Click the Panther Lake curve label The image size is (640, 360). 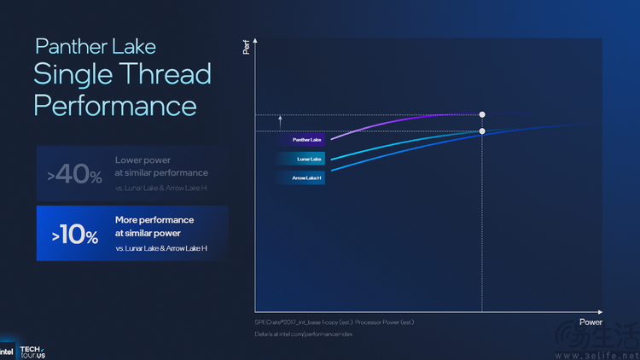pos(301,139)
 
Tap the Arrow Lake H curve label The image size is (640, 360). pos(299,177)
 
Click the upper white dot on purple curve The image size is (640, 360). pos(483,114)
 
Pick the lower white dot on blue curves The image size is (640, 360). pos(483,131)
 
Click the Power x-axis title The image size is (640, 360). pos(591,322)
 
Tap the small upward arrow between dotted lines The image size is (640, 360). pos(280,123)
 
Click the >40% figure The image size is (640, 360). pos(75,175)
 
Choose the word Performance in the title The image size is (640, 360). pos(115,106)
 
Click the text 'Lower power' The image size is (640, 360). pos(142,160)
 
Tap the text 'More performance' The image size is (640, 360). pos(154,220)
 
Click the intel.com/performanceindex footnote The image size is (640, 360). pos(304,334)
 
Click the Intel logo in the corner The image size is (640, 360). pos(7,351)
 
